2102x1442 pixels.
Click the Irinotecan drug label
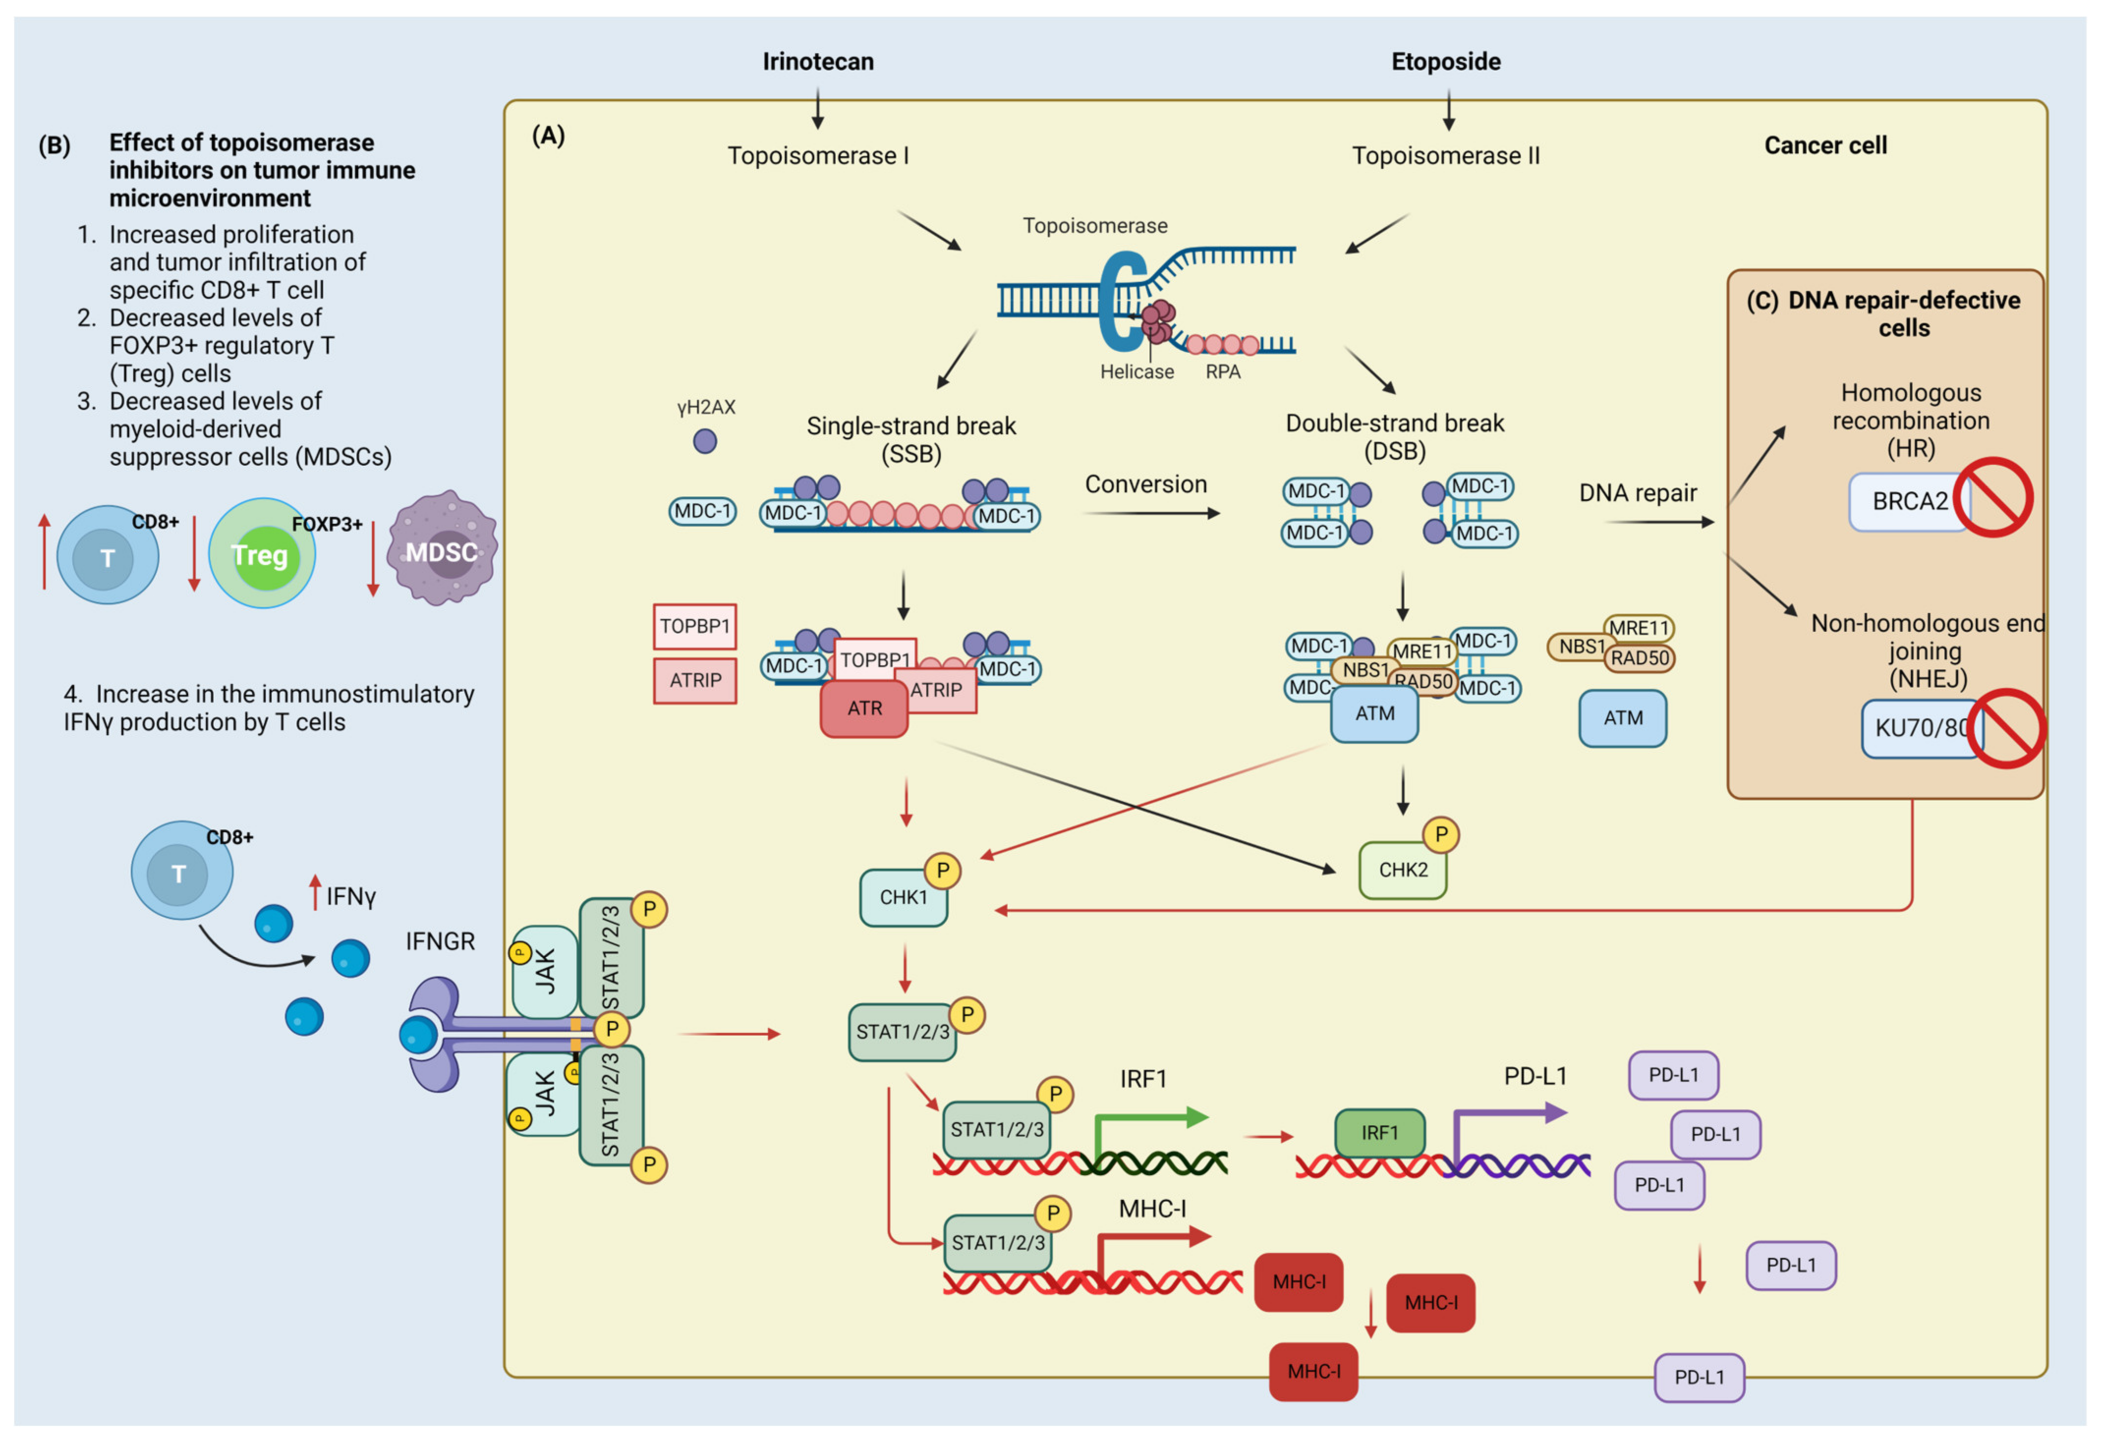click(818, 61)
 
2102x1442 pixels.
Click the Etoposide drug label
click(1446, 61)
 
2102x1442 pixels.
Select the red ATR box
click(864, 708)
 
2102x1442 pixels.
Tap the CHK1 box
click(903, 898)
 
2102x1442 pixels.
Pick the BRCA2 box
click(1908, 501)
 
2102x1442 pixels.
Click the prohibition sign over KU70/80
click(2006, 728)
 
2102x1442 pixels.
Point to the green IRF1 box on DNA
click(1379, 1132)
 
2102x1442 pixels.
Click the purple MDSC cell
click(441, 550)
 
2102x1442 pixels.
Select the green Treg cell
click(261, 554)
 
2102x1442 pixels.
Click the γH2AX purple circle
click(705, 442)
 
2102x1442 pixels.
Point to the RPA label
click(1223, 372)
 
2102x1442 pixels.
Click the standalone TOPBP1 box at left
click(695, 626)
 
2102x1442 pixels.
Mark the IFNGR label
click(440, 942)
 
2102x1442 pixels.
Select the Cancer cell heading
click(1825, 145)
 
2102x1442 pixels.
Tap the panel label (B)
click(54, 145)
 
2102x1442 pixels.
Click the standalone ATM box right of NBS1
click(1622, 718)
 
